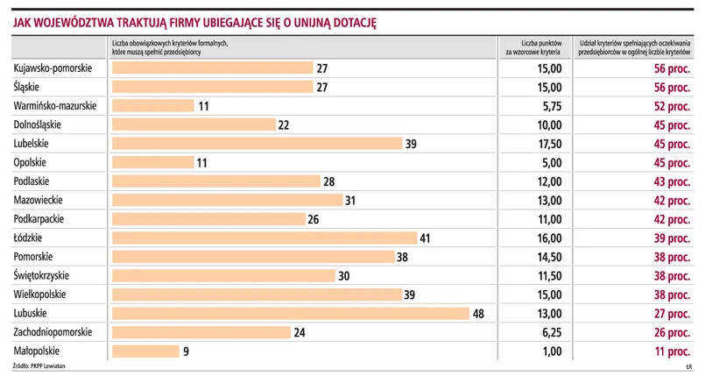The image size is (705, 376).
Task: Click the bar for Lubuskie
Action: tap(291, 313)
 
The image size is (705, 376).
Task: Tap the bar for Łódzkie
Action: tap(264, 238)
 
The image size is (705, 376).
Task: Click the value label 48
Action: tap(478, 313)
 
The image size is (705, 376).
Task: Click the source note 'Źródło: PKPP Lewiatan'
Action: tap(39, 364)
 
